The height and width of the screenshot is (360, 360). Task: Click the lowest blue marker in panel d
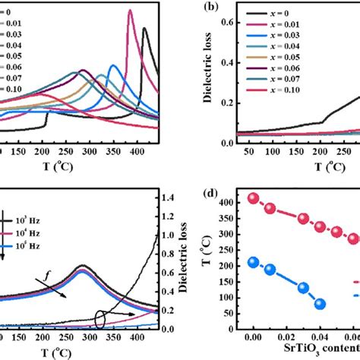320,304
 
